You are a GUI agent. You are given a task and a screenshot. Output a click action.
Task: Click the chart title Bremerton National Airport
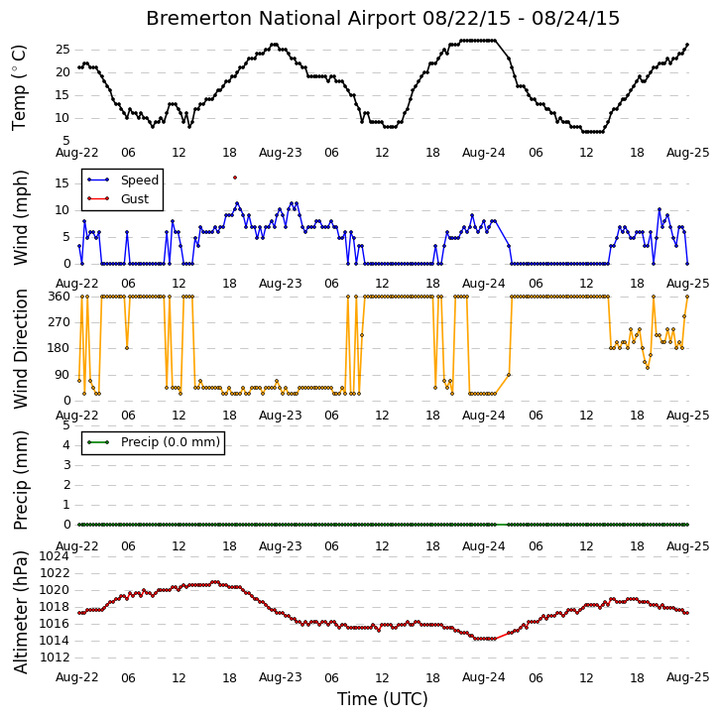[281, 19]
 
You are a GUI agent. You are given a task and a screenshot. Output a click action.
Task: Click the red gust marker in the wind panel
[235, 178]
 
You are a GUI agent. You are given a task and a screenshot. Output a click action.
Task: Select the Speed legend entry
[123, 180]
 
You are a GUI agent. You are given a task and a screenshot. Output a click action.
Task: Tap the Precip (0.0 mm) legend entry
[154, 442]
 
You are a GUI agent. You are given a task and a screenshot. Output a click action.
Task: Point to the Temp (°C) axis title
[19, 88]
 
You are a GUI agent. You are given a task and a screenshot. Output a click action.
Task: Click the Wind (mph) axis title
[20, 217]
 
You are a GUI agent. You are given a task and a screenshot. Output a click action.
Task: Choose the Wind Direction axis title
[20, 349]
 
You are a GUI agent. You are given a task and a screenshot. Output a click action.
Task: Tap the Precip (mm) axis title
[20, 480]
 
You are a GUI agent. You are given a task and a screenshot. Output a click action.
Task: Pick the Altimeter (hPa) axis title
[20, 612]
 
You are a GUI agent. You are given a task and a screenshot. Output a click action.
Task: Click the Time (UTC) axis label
[383, 699]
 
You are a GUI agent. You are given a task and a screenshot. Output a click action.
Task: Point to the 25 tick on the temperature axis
[62, 50]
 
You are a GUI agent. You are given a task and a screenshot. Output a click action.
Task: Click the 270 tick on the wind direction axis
[60, 322]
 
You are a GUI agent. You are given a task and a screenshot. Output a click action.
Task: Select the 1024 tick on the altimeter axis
[55, 556]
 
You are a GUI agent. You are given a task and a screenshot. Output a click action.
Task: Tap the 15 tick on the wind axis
[62, 183]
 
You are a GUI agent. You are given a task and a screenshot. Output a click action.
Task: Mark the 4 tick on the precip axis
[67, 445]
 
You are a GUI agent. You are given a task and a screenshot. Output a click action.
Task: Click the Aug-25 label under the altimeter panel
[688, 677]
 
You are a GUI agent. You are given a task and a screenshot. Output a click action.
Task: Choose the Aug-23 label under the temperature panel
[281, 153]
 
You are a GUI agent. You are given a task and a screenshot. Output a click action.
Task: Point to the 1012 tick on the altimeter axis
[55, 658]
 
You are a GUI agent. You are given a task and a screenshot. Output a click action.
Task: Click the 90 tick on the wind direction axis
[63, 375]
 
